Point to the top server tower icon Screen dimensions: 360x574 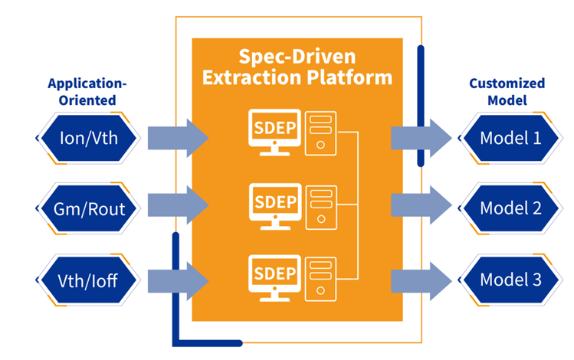pos(321,133)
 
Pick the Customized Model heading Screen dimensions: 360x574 pos(507,91)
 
